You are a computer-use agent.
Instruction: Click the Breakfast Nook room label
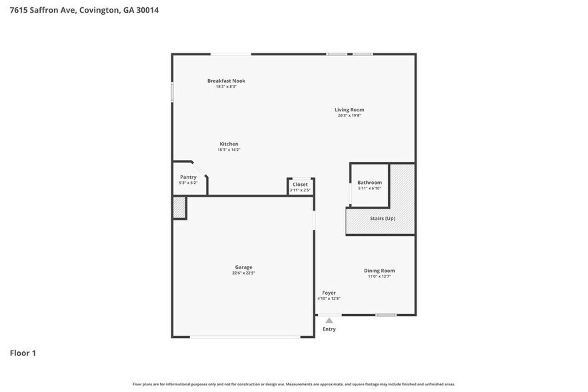(x=226, y=81)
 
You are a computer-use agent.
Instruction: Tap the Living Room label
(x=349, y=110)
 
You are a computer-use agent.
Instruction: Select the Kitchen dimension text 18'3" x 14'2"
(x=229, y=150)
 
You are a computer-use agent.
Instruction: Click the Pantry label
(x=188, y=177)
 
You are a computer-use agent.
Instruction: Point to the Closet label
(x=300, y=185)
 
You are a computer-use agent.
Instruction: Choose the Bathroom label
(x=369, y=183)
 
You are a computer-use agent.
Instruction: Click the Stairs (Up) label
(x=383, y=219)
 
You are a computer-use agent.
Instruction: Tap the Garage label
(x=243, y=267)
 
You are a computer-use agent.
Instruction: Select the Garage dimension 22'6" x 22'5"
(x=243, y=273)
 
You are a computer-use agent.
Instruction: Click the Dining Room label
(x=379, y=271)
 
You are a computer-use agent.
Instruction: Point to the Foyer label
(x=329, y=293)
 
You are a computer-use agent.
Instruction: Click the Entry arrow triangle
(x=329, y=321)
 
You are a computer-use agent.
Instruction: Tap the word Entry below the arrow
(x=329, y=329)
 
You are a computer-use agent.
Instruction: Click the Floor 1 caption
(x=23, y=353)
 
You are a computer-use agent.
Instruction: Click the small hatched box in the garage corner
(x=179, y=207)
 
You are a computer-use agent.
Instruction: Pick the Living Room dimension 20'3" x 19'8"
(x=349, y=116)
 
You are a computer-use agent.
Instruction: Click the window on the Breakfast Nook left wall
(x=173, y=92)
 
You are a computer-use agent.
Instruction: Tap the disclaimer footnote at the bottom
(x=294, y=384)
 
